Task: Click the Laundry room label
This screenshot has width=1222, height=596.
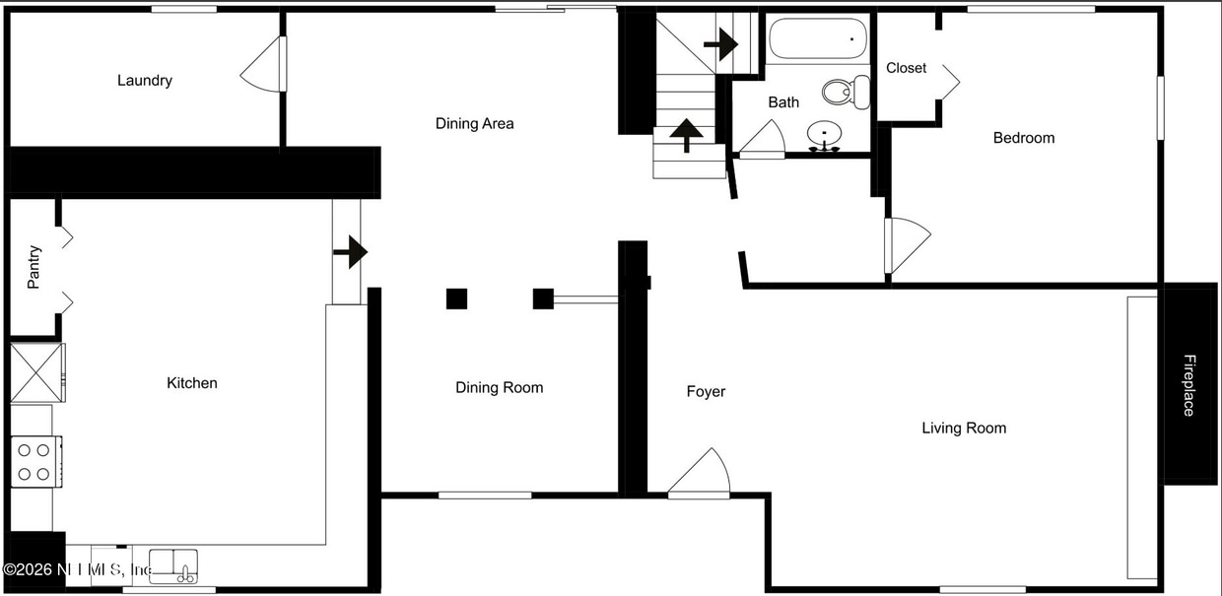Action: click(x=145, y=81)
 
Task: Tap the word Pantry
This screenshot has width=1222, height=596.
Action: click(x=34, y=267)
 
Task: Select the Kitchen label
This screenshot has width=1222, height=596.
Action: click(x=192, y=383)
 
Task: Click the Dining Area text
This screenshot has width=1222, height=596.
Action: click(x=475, y=124)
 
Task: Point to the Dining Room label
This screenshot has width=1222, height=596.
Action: click(x=499, y=388)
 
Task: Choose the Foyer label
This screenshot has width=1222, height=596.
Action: click(x=706, y=392)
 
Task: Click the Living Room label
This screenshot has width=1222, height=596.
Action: click(x=964, y=428)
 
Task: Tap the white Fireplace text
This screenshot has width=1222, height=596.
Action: click(x=1189, y=385)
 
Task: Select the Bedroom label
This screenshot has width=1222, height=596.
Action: click(x=1023, y=138)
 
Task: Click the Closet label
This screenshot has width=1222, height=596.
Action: click(x=906, y=68)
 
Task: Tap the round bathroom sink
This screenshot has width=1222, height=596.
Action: click(x=824, y=133)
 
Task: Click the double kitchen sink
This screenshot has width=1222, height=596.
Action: click(x=174, y=564)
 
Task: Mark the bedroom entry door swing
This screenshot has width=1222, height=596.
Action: click(x=908, y=244)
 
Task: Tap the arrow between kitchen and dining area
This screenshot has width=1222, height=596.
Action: click(x=350, y=252)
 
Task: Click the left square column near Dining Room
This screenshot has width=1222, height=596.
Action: click(x=455, y=298)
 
